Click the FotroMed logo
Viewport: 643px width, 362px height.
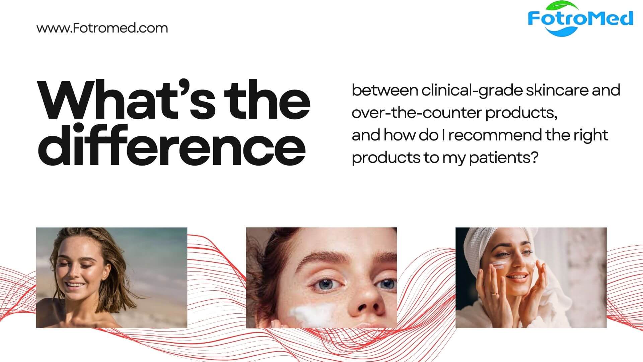pyautogui.click(x=580, y=19)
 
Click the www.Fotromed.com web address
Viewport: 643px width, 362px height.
pyautogui.click(x=102, y=28)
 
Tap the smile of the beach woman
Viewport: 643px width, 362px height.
pyautogui.click(x=74, y=285)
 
